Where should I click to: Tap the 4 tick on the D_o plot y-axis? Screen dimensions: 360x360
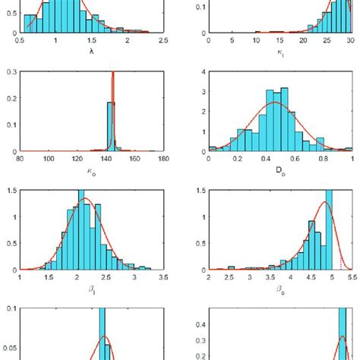point(201,73)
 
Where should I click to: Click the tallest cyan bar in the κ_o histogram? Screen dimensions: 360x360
point(110,126)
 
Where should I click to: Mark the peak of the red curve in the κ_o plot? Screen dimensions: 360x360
point(113,73)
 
